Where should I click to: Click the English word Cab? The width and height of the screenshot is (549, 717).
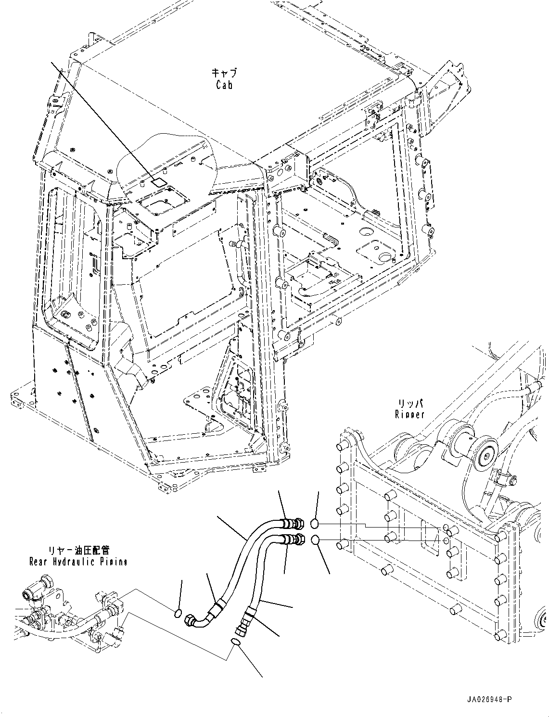click(224, 85)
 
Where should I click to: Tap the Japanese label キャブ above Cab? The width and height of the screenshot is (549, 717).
click(224, 74)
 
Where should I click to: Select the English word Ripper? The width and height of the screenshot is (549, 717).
click(409, 414)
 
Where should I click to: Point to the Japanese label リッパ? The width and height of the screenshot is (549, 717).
click(410, 403)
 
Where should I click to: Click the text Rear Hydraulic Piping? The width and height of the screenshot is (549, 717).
click(78, 562)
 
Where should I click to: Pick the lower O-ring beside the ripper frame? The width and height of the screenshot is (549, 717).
click(315, 541)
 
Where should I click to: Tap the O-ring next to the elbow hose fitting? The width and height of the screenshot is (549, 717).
click(178, 613)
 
